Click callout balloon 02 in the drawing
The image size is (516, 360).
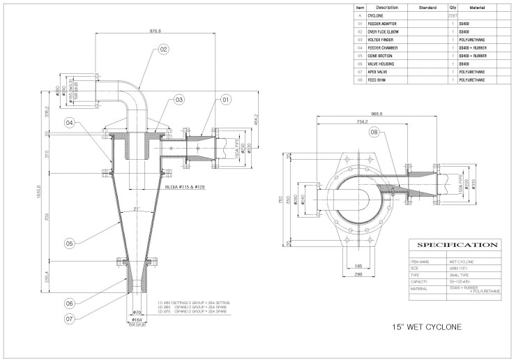pos(163,50)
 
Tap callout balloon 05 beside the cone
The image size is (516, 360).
pos(69,243)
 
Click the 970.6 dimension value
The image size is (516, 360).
pos(155,31)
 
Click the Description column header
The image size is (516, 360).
pos(382,7)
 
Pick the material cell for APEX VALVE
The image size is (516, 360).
pos(472,72)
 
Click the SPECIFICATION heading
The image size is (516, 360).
pos(457,246)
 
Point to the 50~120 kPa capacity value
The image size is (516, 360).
pos(461,282)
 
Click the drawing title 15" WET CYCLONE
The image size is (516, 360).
pos(426,326)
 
